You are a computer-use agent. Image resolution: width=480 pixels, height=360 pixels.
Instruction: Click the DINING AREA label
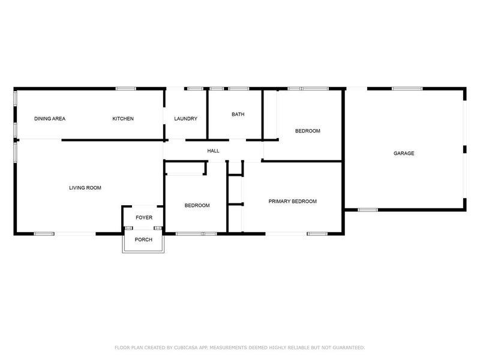point(50,119)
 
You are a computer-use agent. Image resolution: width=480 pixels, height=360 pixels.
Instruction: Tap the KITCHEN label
point(123,119)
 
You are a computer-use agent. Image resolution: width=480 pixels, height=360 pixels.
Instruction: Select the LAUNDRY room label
point(185,119)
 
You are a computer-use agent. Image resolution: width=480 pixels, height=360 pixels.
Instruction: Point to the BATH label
point(238,114)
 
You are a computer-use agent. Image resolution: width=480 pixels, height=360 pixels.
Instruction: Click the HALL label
point(213,151)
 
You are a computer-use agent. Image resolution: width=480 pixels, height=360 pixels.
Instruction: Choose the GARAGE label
point(404,154)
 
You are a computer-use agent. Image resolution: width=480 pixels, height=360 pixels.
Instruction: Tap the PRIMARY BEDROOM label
point(292,202)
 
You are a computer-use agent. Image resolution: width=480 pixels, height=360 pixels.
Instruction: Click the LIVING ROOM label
point(85,188)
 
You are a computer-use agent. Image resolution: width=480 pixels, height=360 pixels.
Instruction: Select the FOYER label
point(144,218)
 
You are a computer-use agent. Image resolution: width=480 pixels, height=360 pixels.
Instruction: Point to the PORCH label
point(143,240)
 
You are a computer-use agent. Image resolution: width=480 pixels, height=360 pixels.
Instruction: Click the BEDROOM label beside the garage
point(307,131)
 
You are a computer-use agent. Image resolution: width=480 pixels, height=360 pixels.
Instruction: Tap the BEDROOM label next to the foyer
point(197,205)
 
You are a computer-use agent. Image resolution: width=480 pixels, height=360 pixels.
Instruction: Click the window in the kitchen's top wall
point(125,89)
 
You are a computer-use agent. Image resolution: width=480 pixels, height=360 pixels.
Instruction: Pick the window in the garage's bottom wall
point(367,210)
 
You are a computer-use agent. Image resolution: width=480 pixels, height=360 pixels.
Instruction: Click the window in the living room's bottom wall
point(44,233)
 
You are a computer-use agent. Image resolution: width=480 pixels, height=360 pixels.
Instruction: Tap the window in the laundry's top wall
point(195,89)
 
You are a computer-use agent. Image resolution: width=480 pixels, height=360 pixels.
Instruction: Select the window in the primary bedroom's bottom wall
point(316,233)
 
